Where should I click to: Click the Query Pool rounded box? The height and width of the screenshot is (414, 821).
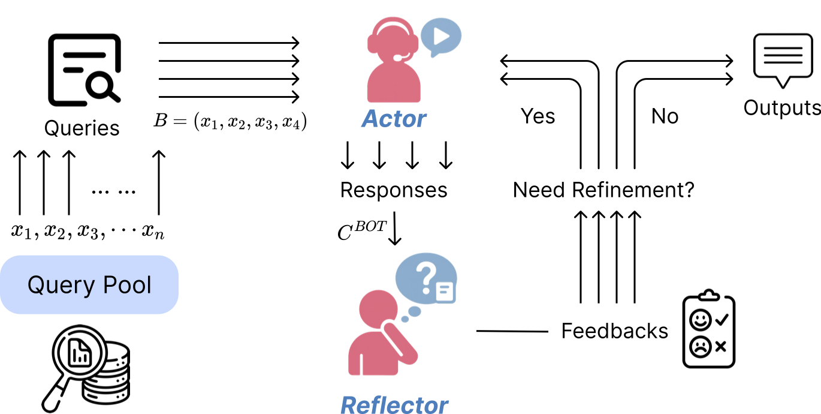pos(89,284)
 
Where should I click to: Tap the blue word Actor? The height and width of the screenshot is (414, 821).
pos(393,119)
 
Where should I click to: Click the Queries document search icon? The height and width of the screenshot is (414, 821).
pos(83,69)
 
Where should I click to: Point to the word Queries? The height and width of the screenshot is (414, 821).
pos(82,128)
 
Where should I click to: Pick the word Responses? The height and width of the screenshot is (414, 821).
pos(394,190)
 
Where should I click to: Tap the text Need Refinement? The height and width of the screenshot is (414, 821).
pos(603,190)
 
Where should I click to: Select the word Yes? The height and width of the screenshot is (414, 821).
pos(538,116)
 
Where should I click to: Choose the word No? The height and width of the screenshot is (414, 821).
pos(665,116)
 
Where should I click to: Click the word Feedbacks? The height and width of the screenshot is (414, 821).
pos(614,331)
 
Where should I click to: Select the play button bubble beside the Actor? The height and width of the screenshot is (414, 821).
pos(440,37)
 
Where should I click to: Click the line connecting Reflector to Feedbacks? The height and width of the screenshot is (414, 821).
pos(512,331)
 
